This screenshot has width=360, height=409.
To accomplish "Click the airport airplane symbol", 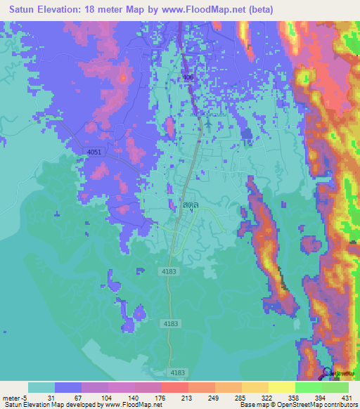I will (207, 124).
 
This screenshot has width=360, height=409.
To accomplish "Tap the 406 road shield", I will (188, 78).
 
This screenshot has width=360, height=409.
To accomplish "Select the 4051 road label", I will (94, 152).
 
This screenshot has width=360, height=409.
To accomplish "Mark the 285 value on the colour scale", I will (229, 397).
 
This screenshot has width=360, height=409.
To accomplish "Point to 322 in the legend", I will (255, 397).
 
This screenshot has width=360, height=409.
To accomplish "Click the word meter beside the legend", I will (11, 397).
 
